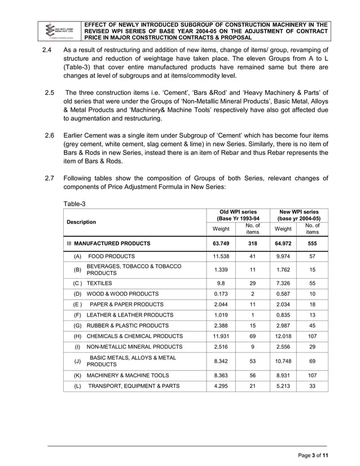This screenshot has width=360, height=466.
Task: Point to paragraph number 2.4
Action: coord(48,50)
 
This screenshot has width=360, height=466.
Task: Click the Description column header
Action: coord(79,222)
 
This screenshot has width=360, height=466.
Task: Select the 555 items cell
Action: coord(311,244)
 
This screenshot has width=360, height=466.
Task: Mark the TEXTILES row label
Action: coord(99,283)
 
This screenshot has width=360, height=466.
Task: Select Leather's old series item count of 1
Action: coord(252,315)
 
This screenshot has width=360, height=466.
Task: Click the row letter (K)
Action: coord(77,375)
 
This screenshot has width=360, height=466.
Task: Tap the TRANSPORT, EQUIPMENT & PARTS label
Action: coord(133,386)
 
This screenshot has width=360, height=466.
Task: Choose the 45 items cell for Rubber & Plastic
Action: coord(311,326)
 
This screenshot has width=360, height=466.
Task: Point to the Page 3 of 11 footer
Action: coord(313,455)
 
